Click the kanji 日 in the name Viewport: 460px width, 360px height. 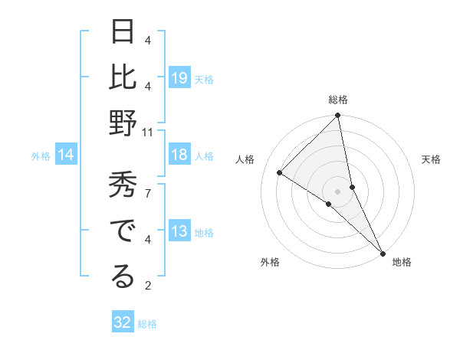(x=123, y=34)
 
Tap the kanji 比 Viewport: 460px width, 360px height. (x=123, y=79)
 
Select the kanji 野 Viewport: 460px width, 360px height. (x=123, y=125)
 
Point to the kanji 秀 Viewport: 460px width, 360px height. (x=123, y=186)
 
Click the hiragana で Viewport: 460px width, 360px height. (x=123, y=232)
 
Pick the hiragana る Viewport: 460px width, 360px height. (x=123, y=278)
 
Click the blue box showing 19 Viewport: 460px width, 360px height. (x=179, y=78)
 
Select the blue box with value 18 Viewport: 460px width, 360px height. (x=179, y=155)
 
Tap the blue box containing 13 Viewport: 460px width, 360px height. (x=179, y=232)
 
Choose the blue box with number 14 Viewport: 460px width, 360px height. (x=66, y=155)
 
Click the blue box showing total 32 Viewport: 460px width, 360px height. (x=123, y=322)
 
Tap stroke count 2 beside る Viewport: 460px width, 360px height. (x=147, y=286)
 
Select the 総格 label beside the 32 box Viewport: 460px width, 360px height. (x=148, y=324)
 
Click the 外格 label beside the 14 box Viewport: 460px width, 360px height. (x=41, y=156)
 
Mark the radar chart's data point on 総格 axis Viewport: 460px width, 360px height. (x=337, y=116)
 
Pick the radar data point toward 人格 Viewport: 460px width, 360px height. (x=280, y=172)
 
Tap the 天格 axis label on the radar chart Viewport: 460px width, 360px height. (x=431, y=159)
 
